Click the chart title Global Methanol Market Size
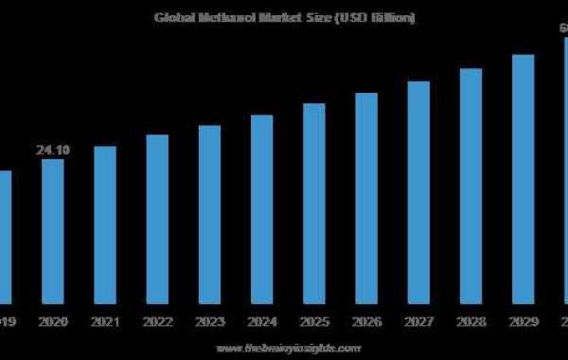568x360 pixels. [285, 18]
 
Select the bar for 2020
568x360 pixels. [52, 227]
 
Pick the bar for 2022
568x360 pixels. [157, 215]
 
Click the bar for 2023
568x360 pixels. [209, 210]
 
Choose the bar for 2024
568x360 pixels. [262, 204]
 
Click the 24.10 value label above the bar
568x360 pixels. [52, 150]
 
